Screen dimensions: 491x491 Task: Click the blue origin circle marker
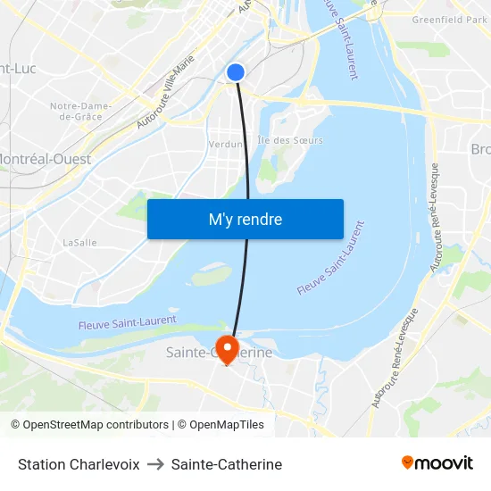[236, 72]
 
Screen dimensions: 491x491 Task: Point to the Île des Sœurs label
[290, 140]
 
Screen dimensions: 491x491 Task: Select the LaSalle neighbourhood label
[79, 242]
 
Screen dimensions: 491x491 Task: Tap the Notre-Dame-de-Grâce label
[81, 111]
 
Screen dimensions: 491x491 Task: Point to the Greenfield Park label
[449, 19]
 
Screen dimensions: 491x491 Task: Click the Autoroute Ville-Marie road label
[166, 92]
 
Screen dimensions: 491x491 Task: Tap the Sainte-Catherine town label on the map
[220, 353]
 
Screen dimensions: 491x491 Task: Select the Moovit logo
[437, 462]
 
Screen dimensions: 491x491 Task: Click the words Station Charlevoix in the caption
[79, 464]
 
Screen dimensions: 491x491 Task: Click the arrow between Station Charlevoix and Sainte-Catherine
[155, 464]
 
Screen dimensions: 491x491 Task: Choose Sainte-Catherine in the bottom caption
[227, 464]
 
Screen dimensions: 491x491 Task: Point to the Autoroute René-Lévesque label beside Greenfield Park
[435, 218]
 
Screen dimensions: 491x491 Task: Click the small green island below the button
[212, 276]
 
